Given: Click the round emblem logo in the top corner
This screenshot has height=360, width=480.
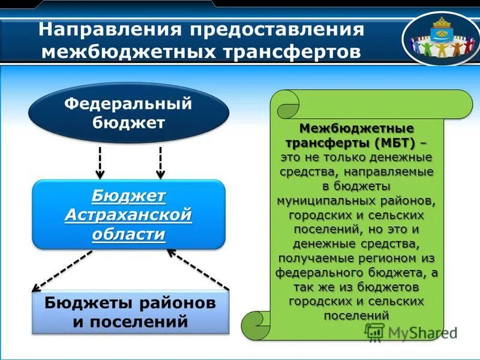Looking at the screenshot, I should pos(440,38).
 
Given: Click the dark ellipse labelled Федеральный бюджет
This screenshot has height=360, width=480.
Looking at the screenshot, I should pos(128,113).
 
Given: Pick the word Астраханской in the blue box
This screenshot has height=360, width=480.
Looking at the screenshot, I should pos(128,215).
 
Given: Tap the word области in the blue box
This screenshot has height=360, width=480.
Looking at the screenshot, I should pos(128,234).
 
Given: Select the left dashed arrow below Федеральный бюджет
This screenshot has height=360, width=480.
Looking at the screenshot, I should pos(100,162).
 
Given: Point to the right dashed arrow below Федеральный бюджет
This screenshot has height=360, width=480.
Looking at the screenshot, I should pos(160,162).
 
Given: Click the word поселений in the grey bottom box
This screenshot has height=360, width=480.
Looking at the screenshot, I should pos(146,322).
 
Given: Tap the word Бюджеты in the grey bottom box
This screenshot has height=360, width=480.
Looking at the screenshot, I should pos(83,303).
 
